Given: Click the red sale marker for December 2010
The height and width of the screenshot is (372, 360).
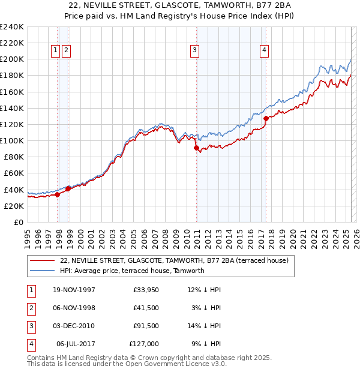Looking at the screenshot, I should [196, 148].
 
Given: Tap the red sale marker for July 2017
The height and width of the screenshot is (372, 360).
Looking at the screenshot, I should [266, 119].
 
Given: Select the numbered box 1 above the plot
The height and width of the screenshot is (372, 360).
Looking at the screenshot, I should [55, 51].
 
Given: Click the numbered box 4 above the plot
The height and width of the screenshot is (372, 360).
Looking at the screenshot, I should [264, 51].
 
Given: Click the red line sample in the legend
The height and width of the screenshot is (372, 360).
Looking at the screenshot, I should [42, 260].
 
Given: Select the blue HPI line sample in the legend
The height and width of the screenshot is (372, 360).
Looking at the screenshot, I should [42, 271].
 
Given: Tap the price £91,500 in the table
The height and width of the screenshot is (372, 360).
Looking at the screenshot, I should [146, 326].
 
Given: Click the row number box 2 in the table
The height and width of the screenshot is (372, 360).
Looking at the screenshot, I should [31, 308].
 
